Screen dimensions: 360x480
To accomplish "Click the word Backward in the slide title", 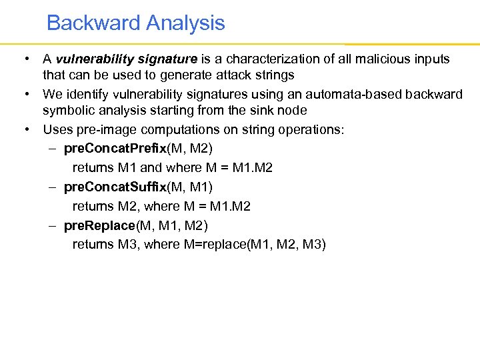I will (x=93, y=23).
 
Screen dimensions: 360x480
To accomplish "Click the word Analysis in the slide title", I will (x=185, y=23).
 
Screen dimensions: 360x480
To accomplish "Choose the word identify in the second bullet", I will (x=87, y=95).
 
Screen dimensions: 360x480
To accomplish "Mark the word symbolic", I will (x=69, y=110).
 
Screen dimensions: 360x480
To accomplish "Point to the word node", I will (x=295, y=110).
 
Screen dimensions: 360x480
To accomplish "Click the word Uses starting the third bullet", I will (x=57, y=129).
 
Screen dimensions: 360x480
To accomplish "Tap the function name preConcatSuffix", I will (x=115, y=187).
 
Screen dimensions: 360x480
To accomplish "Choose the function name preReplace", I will (x=100, y=225).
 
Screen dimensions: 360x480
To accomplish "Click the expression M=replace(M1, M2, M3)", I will (x=254, y=245).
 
